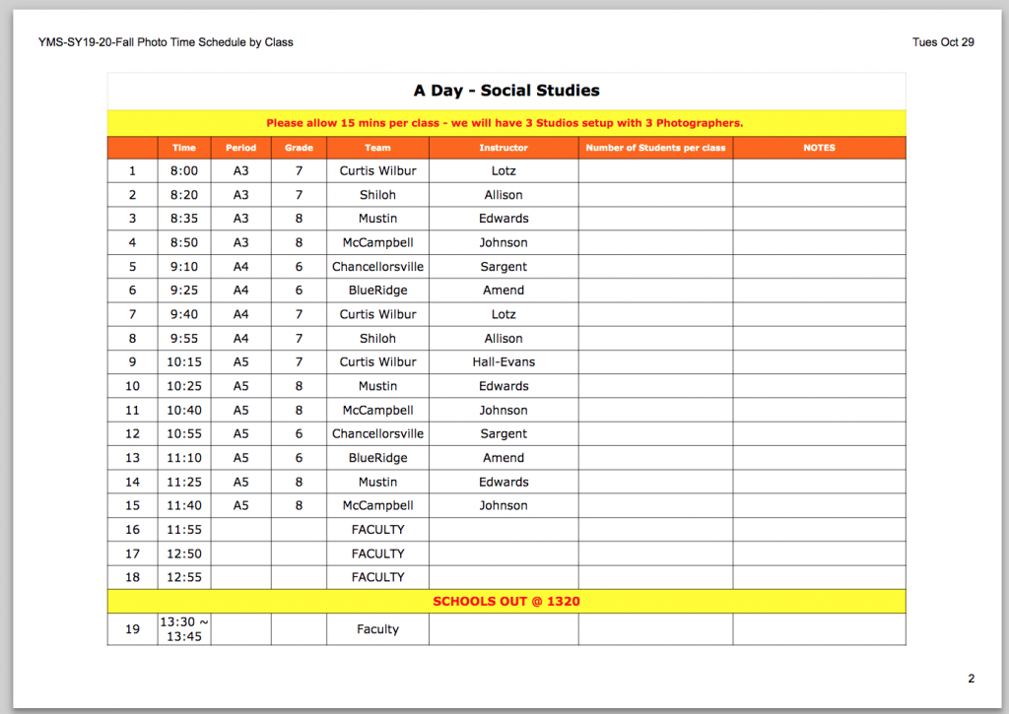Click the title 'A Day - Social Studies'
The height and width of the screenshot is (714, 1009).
[x=506, y=91]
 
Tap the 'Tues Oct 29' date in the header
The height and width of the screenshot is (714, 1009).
[x=943, y=42]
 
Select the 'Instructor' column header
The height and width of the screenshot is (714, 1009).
[x=504, y=148]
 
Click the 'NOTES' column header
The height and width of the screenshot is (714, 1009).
[x=819, y=148]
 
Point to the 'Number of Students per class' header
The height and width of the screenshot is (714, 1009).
[x=655, y=148]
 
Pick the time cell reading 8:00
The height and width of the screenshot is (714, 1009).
[x=184, y=170]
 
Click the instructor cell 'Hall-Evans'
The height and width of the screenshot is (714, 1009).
[x=504, y=361]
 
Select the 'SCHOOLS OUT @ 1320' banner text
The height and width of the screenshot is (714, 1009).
[x=506, y=601]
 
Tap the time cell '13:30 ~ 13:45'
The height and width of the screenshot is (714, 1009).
[x=184, y=629]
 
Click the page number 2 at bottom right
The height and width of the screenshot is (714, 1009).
[x=971, y=679]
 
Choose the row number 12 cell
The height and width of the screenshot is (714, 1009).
[x=132, y=433]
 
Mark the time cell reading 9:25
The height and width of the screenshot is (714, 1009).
[x=184, y=291]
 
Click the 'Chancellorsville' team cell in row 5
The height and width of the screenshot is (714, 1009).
[x=377, y=267]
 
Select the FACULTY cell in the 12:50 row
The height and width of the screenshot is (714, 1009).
[x=377, y=553]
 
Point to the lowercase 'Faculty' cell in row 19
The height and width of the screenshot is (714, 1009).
[x=377, y=629]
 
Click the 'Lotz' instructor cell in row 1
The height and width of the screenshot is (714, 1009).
[x=504, y=170]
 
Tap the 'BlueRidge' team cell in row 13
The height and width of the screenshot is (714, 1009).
[x=377, y=458]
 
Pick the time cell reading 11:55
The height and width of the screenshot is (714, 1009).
[x=184, y=530]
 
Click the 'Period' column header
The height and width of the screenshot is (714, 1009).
[x=240, y=148]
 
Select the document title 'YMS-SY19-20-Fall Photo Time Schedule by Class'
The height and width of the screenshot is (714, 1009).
[x=166, y=42]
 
